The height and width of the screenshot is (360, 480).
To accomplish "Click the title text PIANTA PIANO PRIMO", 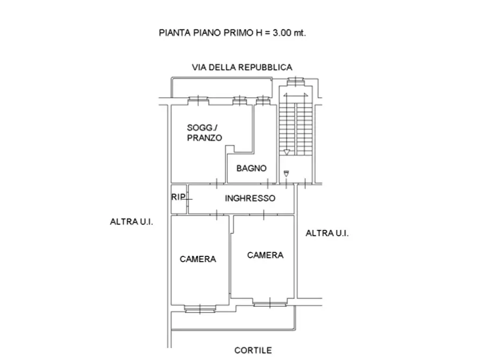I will point(207,32).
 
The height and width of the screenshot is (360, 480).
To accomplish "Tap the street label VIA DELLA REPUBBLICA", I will point(242,67).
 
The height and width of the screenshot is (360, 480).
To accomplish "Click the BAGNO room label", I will point(252,168).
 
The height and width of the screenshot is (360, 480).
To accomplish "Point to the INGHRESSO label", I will point(250,198).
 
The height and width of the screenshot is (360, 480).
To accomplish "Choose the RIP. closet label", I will point(178,197).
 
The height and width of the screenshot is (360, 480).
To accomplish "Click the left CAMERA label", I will point(198,259).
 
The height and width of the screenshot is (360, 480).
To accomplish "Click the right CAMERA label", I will point(265,255).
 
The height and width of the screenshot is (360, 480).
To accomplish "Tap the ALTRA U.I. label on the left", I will point(132,221).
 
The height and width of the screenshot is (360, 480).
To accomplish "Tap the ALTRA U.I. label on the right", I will point(327,233).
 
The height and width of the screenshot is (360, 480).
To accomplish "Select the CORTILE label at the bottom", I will point(253,350).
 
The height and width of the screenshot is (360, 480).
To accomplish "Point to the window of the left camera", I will point(198,308).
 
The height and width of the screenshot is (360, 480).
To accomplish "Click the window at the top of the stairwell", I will point(295,81).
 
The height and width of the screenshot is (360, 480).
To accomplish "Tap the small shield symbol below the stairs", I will point(286,173).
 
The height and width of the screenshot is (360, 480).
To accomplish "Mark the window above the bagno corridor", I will point(262,100).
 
